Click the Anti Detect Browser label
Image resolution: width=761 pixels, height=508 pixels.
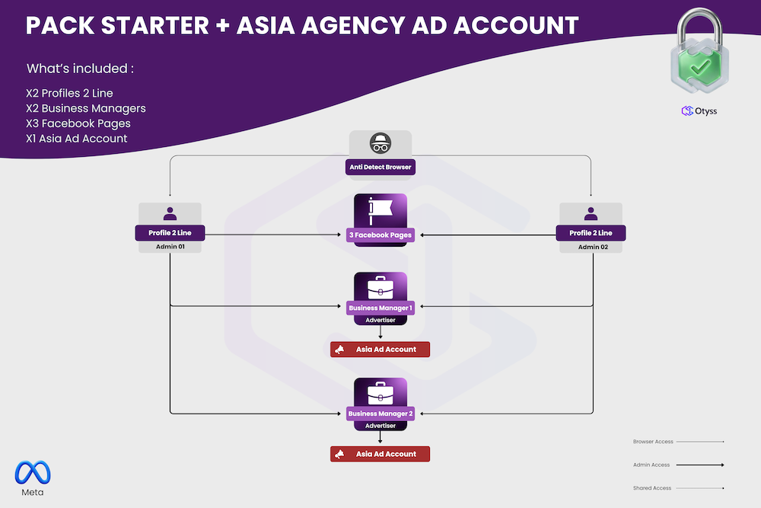pyautogui.click(x=380, y=167)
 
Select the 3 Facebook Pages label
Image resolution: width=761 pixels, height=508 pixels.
pyautogui.click(x=380, y=235)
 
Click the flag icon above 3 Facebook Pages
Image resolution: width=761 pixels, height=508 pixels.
pyautogui.click(x=380, y=210)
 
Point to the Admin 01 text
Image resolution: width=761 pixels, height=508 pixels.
pyautogui.click(x=170, y=247)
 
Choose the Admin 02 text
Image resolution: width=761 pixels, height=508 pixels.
pyautogui.click(x=591, y=247)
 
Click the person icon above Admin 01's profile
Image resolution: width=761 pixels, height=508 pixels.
pyautogui.click(x=170, y=214)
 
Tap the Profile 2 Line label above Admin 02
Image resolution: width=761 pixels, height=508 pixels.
pyautogui.click(x=591, y=233)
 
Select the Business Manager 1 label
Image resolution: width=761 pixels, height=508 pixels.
pyautogui.click(x=380, y=308)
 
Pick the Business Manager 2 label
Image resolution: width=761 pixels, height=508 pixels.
pyautogui.click(x=380, y=414)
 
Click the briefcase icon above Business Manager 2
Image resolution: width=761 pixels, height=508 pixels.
pyautogui.click(x=380, y=394)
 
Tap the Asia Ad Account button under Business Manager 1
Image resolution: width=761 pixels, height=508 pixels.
pyautogui.click(x=380, y=350)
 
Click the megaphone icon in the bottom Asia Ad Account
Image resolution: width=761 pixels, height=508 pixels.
pyautogui.click(x=339, y=455)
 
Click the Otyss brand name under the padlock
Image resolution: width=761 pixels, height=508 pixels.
pyautogui.click(x=705, y=111)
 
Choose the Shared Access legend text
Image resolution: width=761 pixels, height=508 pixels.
pyautogui.click(x=651, y=488)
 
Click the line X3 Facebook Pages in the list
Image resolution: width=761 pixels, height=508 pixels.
pyautogui.click(x=78, y=123)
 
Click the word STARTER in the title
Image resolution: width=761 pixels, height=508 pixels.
pyautogui.click(x=152, y=25)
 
